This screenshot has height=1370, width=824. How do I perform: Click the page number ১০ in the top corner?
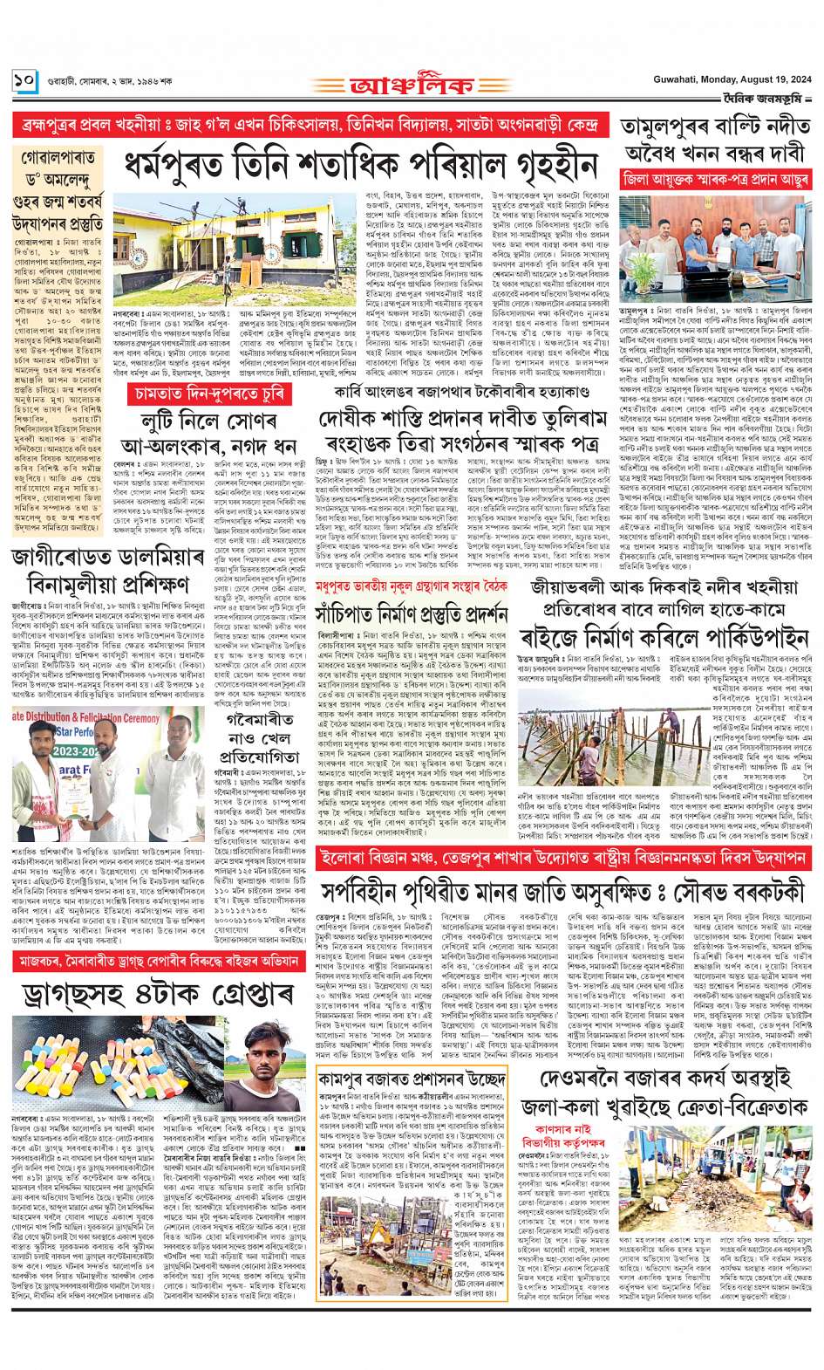[x=24, y=81]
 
